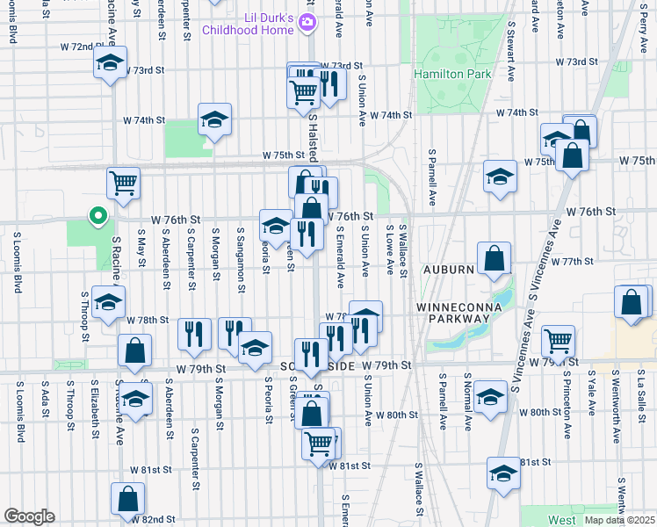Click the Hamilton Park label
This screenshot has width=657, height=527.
pyautogui.click(x=454, y=75)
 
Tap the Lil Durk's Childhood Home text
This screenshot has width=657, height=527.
pyautogui.click(x=249, y=24)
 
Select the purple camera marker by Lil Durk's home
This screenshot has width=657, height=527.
pyautogui.click(x=307, y=23)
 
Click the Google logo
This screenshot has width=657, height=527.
pyautogui.click(x=29, y=516)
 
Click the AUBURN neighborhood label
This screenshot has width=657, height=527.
pyautogui.click(x=451, y=269)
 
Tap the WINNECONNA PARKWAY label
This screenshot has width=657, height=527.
pyautogui.click(x=458, y=313)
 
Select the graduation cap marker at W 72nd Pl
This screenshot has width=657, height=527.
pyautogui.click(x=110, y=63)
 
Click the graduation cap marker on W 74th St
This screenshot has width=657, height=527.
pyautogui.click(x=214, y=120)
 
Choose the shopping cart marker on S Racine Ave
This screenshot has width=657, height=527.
pyautogui.click(x=124, y=184)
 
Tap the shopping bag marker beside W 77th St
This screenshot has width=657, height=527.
pyautogui.click(x=495, y=259)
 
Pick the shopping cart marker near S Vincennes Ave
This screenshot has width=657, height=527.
pyautogui.click(x=559, y=341)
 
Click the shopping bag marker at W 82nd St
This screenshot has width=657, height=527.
pyautogui.click(x=128, y=499)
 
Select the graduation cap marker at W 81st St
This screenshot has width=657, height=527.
pyautogui.click(x=503, y=473)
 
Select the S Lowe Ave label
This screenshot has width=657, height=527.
pyautogui.click(x=387, y=249)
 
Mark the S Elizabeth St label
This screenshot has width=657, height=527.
pyautogui.click(x=94, y=409)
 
